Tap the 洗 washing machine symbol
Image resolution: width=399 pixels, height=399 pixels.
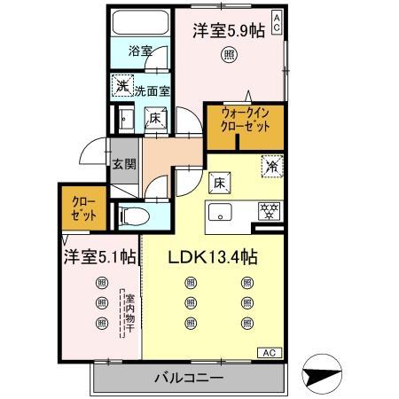[x=121, y=88]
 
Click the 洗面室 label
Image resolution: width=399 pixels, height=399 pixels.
[x=153, y=90]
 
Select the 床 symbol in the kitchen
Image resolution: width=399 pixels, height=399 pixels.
[x=218, y=182]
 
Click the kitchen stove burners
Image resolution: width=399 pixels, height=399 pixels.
[x=267, y=211]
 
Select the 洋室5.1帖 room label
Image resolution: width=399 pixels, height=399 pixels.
[x=99, y=257]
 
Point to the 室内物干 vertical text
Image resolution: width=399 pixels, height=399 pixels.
[x=128, y=313]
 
